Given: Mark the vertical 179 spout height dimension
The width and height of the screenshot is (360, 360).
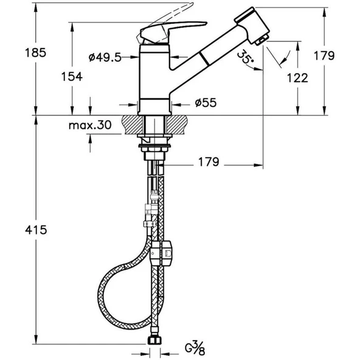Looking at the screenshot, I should pyautogui.click(x=327, y=56).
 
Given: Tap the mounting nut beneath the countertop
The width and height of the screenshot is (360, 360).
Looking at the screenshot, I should pyautogui.click(x=156, y=146).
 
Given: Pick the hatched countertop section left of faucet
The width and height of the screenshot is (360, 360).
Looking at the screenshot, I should pyautogui.click(x=130, y=125).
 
